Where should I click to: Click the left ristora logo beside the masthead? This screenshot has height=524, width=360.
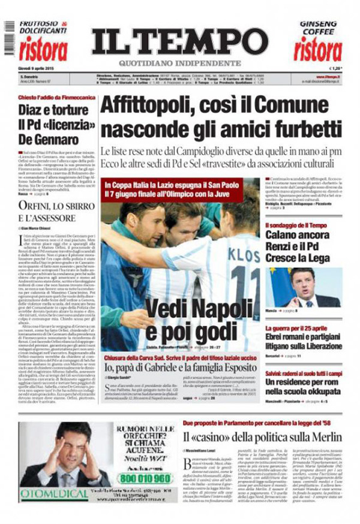pyautogui.click(x=43, y=49)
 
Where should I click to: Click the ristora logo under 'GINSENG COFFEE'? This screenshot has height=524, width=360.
pyautogui.click(x=318, y=48)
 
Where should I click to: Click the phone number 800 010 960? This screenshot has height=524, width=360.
pyautogui.click(x=145, y=478)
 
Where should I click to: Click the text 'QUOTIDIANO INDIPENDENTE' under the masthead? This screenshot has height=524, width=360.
pyautogui.click(x=180, y=64)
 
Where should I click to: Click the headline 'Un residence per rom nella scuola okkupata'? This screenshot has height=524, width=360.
pyautogui.click(x=303, y=386)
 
